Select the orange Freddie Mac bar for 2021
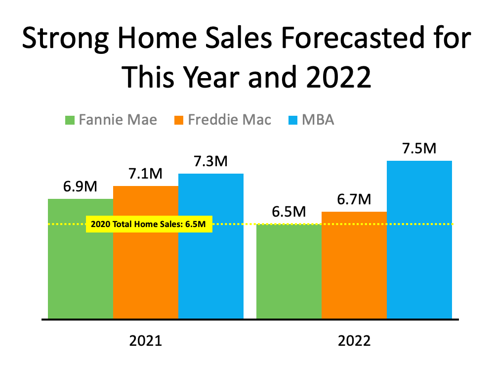coord(146,262)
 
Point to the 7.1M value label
coord(145,174)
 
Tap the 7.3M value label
coord(211,162)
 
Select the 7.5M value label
coord(419,149)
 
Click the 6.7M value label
coord(354,200)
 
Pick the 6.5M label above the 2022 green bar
coord(289,212)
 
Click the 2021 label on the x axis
coord(146,341)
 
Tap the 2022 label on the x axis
coord(354,341)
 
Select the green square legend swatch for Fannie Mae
coord(70,120)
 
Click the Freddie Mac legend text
coord(230,120)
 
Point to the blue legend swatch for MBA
coord(293,120)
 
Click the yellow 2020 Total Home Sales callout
coord(149,224)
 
